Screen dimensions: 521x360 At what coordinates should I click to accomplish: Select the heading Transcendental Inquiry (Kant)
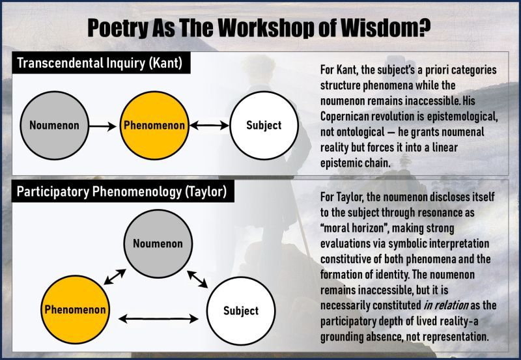[100, 62]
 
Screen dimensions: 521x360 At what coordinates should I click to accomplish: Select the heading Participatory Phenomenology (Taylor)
[122, 191]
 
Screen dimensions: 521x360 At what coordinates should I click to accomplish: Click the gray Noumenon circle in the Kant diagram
[55, 125]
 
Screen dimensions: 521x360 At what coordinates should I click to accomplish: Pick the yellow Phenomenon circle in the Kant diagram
[154, 125]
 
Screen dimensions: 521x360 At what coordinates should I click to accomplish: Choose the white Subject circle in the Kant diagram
[264, 125]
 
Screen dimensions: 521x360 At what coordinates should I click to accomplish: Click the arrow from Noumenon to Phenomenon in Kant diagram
[103, 126]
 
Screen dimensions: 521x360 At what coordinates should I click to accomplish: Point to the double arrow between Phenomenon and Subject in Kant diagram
[209, 126]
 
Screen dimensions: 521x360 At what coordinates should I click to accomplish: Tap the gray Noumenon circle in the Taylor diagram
[158, 243]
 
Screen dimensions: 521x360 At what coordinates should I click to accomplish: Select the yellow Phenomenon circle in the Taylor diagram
[75, 309]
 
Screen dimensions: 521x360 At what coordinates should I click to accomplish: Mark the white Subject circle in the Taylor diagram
[241, 311]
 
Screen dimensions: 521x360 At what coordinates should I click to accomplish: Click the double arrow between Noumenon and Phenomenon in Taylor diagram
[115, 277]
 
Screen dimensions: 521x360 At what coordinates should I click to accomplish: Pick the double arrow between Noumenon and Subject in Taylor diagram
[197, 279]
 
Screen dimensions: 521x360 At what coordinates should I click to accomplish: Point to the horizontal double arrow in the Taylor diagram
[158, 319]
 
